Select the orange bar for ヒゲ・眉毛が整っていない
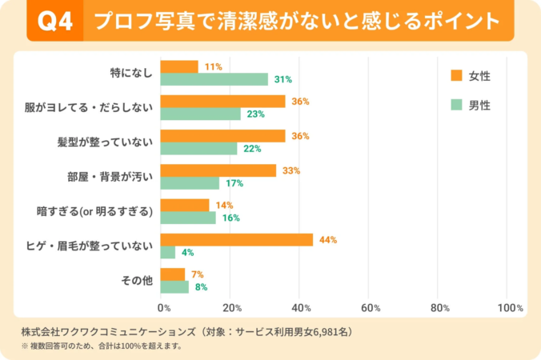point(236,240)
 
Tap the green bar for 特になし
point(214,79)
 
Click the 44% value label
point(328,240)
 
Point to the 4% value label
point(188,253)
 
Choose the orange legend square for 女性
point(457,75)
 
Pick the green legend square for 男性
point(457,105)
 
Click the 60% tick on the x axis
point(370,307)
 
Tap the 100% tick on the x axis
point(510,307)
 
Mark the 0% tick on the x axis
point(164,307)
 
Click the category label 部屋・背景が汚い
point(109,177)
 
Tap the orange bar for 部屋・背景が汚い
point(218,170)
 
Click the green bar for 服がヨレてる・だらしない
point(200,114)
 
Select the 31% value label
point(283,79)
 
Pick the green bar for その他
point(174,287)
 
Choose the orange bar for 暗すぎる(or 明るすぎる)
point(184,205)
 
